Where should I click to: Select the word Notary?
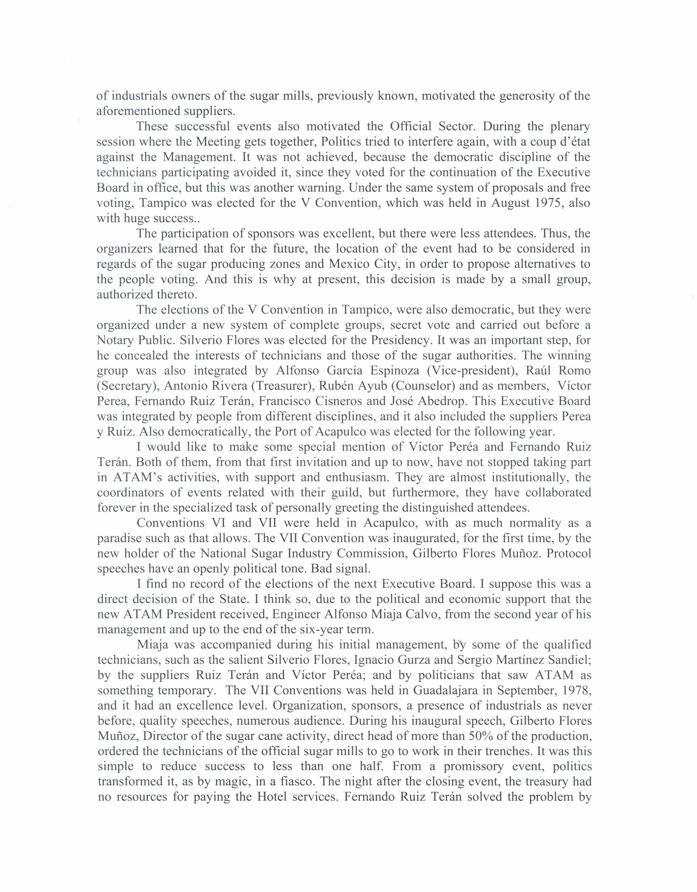point(115,340)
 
